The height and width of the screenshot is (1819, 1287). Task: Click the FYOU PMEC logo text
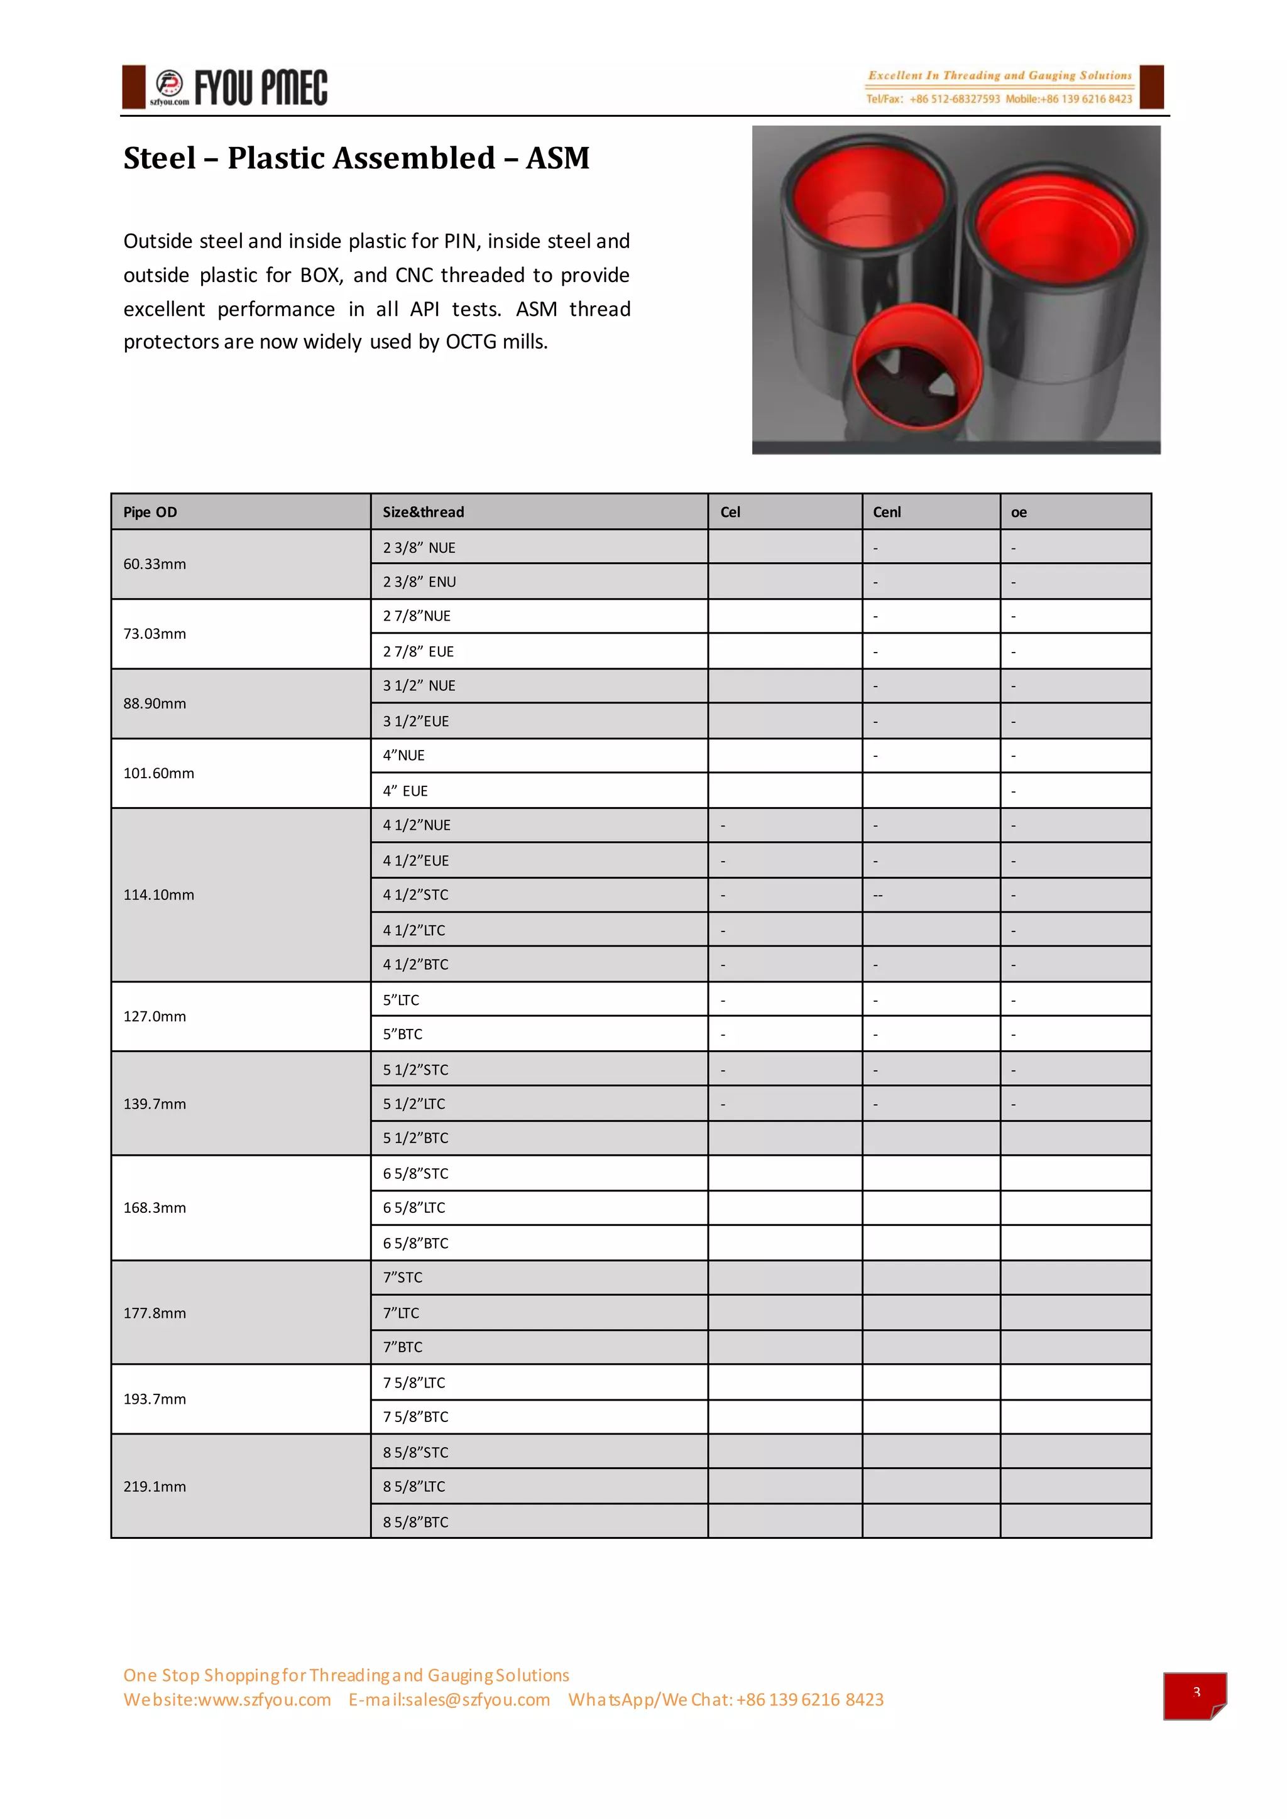[x=261, y=88]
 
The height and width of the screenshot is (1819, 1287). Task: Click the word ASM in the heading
[x=557, y=158]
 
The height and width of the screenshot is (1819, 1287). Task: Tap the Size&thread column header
[x=423, y=513]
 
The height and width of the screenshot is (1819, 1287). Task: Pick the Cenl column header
[x=887, y=513]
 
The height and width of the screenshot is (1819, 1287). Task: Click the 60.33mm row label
[x=155, y=564]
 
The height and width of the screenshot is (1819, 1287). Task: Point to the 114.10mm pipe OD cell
[x=158, y=894]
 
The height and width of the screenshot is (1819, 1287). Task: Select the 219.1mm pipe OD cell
[x=155, y=1486]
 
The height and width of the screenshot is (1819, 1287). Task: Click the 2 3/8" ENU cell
[x=419, y=582]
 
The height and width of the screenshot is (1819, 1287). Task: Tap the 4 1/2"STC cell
[x=415, y=894]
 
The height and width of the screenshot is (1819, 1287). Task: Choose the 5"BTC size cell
[x=403, y=1034]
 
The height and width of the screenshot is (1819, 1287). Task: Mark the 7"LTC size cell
[x=401, y=1313]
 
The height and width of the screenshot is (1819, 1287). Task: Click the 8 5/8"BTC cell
[x=415, y=1522]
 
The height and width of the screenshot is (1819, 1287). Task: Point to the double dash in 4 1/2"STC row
[x=878, y=895]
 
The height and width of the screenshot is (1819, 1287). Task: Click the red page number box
[x=1194, y=1695]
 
